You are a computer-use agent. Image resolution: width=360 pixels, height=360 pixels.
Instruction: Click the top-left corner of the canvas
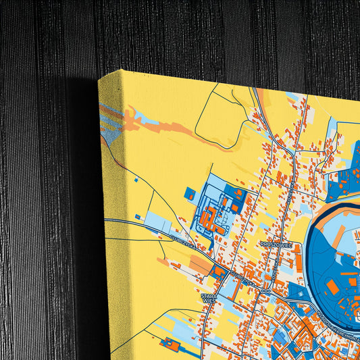(x=99, y=79)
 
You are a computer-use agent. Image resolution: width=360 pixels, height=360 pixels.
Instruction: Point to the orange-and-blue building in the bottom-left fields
(x=172, y=346)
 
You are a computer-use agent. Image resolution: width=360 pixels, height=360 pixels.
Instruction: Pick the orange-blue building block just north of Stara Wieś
(x=218, y=272)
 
